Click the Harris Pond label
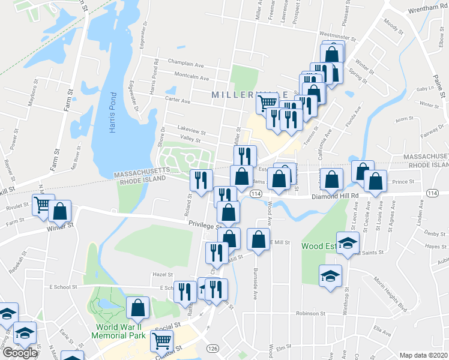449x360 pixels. (112, 113)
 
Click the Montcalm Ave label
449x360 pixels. (191, 78)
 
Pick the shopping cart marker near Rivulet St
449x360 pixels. (43, 205)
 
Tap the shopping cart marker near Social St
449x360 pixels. (162, 341)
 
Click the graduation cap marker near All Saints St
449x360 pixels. (348, 242)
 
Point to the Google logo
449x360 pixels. (19, 353)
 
